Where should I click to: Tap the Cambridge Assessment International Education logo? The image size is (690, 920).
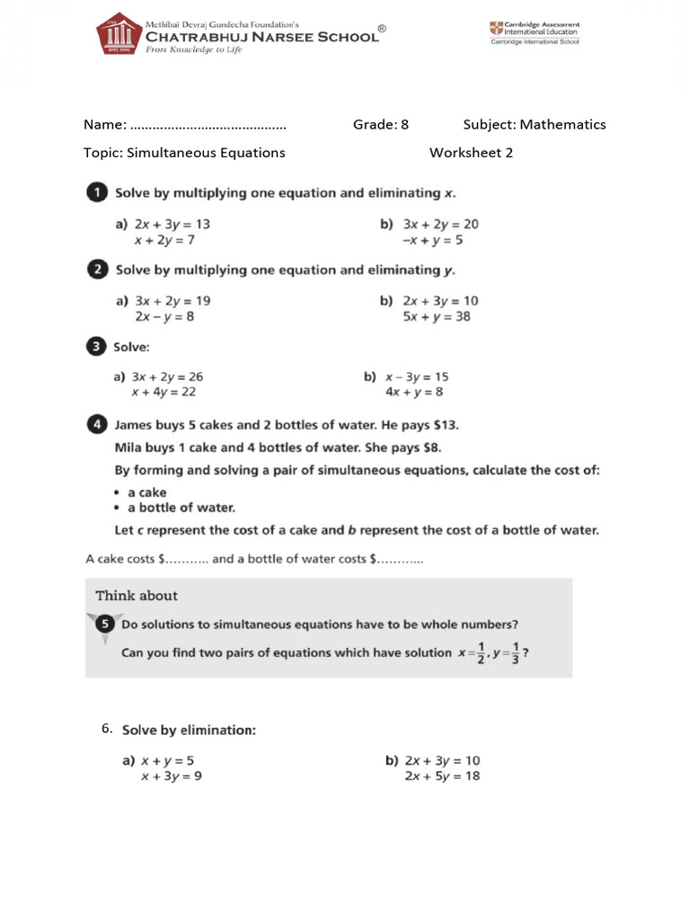[x=535, y=32]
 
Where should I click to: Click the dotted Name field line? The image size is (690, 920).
[x=208, y=126]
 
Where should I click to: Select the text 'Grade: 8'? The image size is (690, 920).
[x=381, y=125]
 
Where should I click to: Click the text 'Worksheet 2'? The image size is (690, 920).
[x=471, y=153]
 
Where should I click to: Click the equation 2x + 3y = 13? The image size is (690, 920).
[x=172, y=224]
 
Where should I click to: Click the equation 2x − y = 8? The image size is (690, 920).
[x=164, y=316]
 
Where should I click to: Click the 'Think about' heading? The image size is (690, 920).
[x=137, y=596]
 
